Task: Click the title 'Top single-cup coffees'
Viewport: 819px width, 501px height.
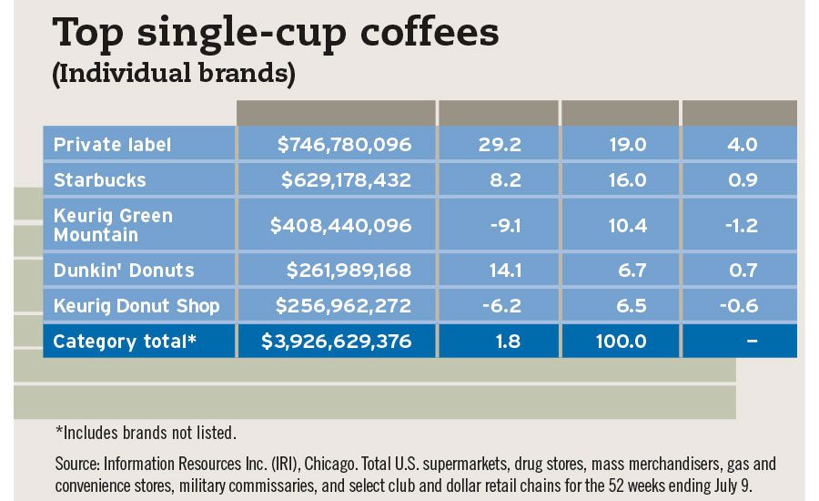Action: click(277, 33)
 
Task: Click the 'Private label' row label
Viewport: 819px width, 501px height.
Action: click(112, 145)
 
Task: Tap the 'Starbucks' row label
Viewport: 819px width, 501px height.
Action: click(99, 180)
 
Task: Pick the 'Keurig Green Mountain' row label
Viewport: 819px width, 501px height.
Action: click(113, 225)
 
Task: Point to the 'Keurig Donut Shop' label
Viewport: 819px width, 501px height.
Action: click(136, 306)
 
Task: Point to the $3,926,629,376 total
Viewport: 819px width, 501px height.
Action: click(337, 342)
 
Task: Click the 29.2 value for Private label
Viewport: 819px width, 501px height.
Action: click(504, 145)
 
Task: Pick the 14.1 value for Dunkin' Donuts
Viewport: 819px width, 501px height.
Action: click(506, 271)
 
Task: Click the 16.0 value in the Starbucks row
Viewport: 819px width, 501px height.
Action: click(627, 180)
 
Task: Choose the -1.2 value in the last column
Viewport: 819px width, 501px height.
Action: click(739, 225)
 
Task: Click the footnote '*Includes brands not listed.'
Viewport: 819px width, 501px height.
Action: click(147, 432)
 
